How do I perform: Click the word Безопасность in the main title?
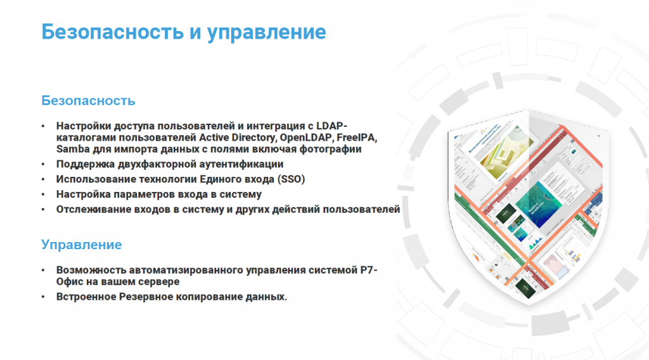[112, 32]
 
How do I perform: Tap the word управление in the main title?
[267, 33]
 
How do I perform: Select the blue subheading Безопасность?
[88, 101]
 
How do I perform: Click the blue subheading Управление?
[82, 245]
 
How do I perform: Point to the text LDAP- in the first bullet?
[331, 125]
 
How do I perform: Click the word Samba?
[73, 149]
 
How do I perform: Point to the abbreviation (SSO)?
[291, 179]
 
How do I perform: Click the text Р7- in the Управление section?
[369, 270]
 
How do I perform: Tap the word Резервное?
[146, 297]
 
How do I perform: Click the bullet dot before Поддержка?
[43, 165]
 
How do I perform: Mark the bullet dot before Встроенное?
[43, 297]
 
